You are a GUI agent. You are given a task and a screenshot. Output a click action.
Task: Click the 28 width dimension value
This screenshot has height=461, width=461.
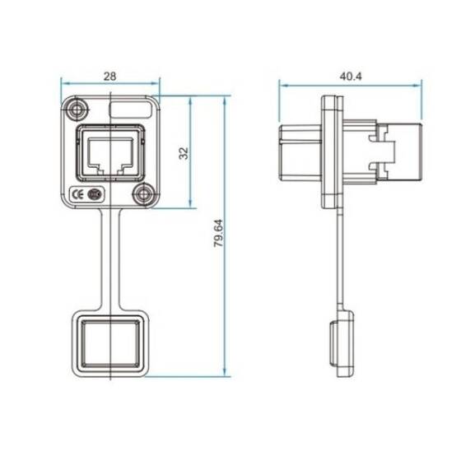110,76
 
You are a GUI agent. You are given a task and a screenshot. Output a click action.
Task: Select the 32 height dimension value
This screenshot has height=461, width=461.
184,152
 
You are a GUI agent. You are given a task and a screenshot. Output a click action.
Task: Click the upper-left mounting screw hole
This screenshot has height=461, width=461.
77,109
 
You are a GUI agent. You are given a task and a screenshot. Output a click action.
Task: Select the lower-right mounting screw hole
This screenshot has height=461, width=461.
145,195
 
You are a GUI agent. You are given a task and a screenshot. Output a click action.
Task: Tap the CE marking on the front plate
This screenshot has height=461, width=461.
77,195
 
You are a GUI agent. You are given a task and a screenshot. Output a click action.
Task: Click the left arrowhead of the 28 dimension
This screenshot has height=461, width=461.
65,83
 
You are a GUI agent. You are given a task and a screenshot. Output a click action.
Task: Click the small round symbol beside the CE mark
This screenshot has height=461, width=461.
94,195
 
